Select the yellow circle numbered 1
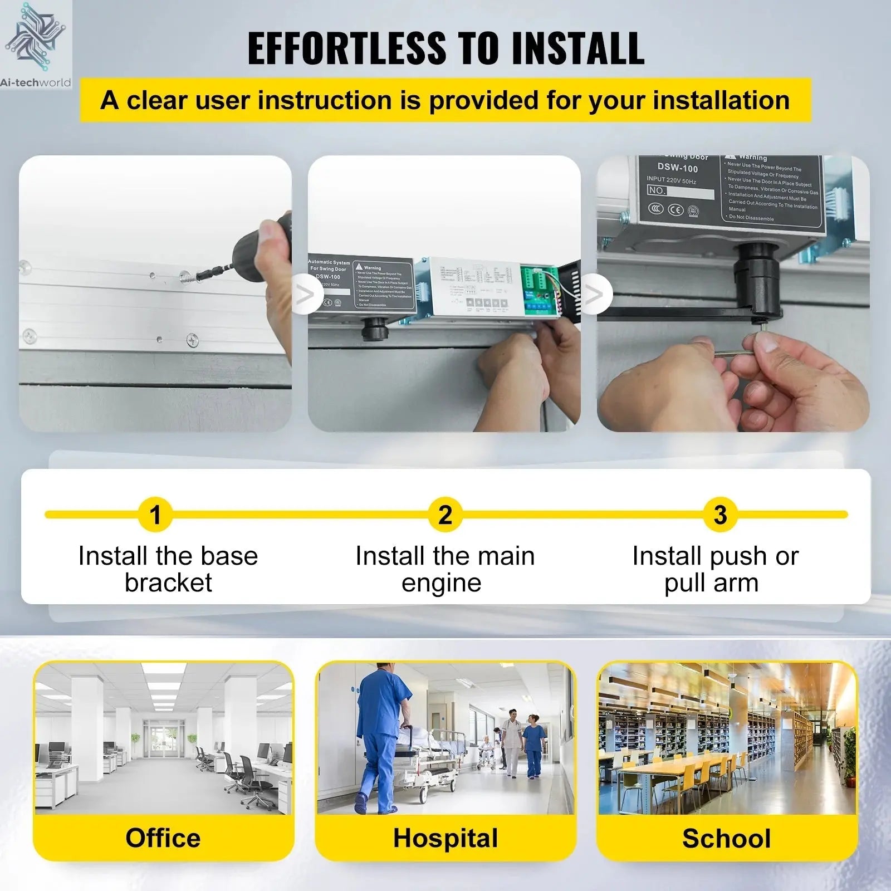(155, 515)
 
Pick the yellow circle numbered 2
(445, 515)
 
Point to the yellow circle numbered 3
(720, 515)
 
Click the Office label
(163, 838)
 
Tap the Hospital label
(445, 838)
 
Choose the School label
(727, 839)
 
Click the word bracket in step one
(168, 583)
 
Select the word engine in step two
(442, 583)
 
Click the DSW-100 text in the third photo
(677, 168)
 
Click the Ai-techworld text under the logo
(36, 83)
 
